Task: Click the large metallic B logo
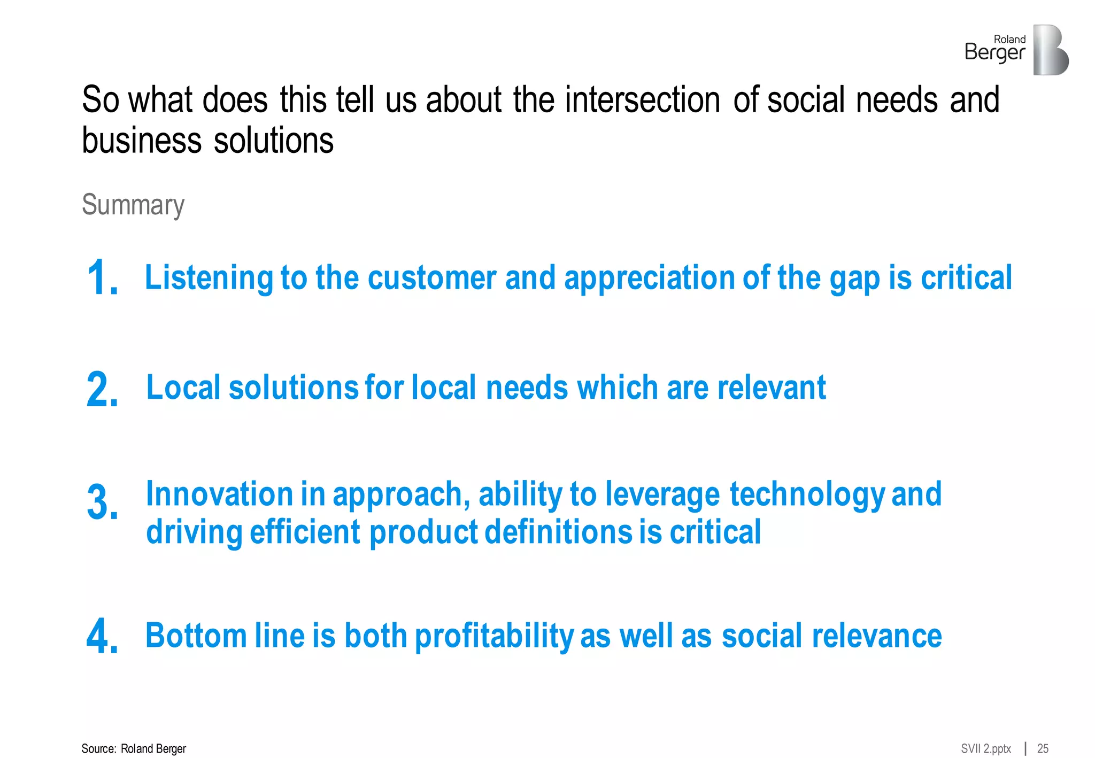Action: [1050, 50]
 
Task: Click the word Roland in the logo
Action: [1009, 39]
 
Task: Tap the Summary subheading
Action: [133, 205]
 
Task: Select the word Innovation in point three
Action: [219, 494]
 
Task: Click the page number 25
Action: [1043, 748]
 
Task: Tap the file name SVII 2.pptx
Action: [985, 748]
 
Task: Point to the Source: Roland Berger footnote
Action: [134, 748]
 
